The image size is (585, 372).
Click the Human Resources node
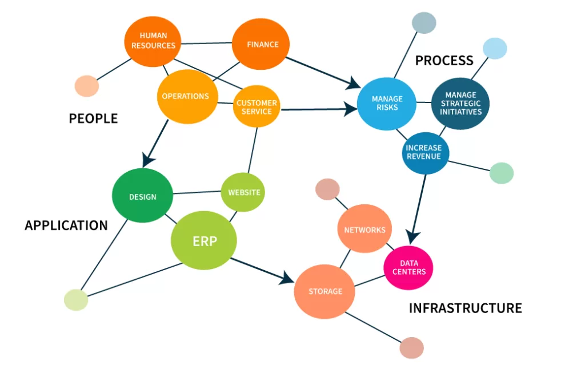click(x=153, y=40)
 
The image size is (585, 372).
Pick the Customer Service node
click(x=257, y=107)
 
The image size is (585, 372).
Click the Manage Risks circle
click(x=386, y=103)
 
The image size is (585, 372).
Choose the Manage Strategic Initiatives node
click(x=460, y=104)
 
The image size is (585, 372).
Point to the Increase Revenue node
click(x=425, y=152)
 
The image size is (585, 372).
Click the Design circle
click(x=142, y=196)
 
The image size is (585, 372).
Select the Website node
click(x=243, y=192)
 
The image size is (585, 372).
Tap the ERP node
click(x=204, y=241)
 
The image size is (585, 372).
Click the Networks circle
click(x=364, y=229)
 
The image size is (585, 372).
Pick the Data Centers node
click(x=408, y=267)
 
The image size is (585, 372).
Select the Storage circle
click(x=325, y=291)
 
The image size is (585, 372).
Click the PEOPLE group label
click(x=93, y=118)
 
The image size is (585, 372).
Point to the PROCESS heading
click(x=444, y=60)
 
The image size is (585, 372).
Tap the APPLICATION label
click(x=66, y=225)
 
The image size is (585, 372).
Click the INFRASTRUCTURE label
click(x=465, y=308)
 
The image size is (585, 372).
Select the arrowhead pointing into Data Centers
click(x=414, y=237)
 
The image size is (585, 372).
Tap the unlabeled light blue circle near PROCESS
click(x=495, y=49)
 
